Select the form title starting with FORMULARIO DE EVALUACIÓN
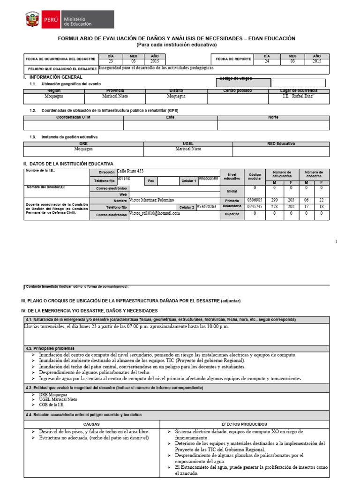[176, 38]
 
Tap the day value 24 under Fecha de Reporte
[267, 61]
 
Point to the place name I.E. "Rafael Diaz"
[298, 96]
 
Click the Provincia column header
[115, 90]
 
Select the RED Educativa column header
[281, 144]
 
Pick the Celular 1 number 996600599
[208, 179]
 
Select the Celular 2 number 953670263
[206, 206]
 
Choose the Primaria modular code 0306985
[255, 200]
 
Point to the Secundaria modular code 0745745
[255, 207]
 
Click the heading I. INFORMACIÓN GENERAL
[52, 77]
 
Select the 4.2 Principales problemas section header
[50, 349]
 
